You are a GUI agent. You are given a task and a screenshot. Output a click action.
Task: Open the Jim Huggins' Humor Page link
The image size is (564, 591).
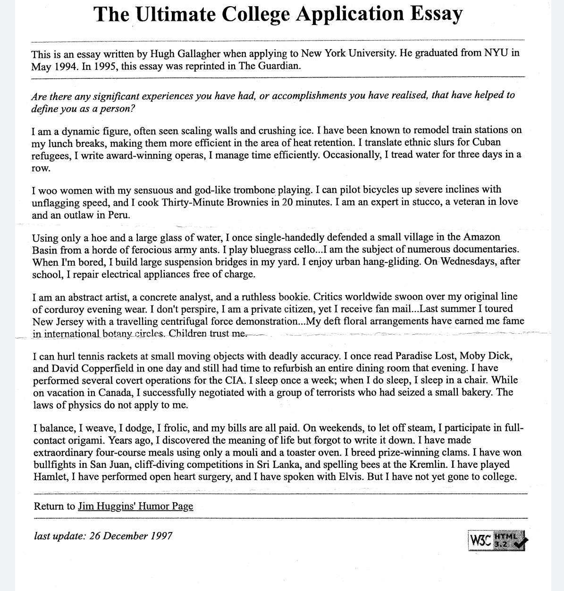tap(135, 507)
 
